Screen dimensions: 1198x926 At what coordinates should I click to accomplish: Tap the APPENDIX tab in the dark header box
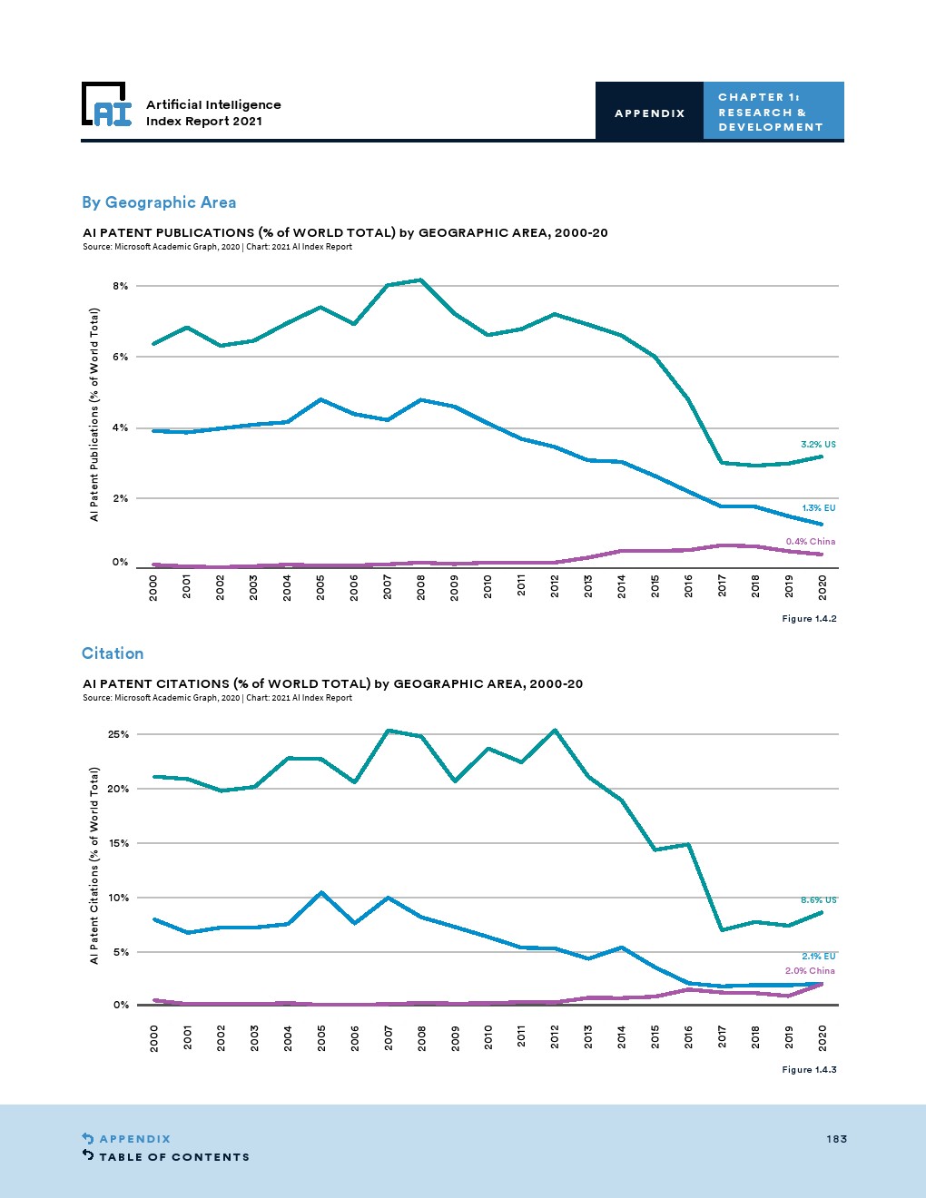pyautogui.click(x=649, y=113)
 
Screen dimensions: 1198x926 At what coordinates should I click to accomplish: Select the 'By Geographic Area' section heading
pyautogui.click(x=159, y=202)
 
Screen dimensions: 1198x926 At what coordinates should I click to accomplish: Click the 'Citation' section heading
pyautogui.click(x=113, y=653)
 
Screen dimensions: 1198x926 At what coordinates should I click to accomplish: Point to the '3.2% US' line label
pyautogui.click(x=818, y=445)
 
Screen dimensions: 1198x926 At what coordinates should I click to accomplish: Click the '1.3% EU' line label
pyautogui.click(x=818, y=508)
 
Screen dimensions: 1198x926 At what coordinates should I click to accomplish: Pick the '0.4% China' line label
pyautogui.click(x=810, y=542)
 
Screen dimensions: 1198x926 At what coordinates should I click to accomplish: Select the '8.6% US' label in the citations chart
pyautogui.click(x=818, y=900)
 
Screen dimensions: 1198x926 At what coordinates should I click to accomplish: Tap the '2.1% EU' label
pyautogui.click(x=818, y=957)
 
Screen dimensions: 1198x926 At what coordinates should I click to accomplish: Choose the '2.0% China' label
pyautogui.click(x=810, y=971)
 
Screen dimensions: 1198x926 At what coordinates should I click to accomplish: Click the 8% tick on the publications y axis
pyautogui.click(x=120, y=286)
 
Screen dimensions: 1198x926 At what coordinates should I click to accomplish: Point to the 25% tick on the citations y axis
pyautogui.click(x=118, y=734)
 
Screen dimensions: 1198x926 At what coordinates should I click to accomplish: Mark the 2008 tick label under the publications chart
pyautogui.click(x=421, y=587)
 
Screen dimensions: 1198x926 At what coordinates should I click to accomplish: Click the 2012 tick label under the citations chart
pyautogui.click(x=556, y=1036)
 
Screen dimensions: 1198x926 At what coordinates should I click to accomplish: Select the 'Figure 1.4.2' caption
pyautogui.click(x=809, y=619)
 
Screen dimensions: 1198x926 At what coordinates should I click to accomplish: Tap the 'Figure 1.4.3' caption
pyautogui.click(x=809, y=1070)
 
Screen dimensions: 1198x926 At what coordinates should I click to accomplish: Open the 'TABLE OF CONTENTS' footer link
pyautogui.click(x=173, y=1157)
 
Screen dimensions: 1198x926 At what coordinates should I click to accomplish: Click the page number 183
pyautogui.click(x=836, y=1139)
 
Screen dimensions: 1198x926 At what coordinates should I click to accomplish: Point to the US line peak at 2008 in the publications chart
pyautogui.click(x=421, y=280)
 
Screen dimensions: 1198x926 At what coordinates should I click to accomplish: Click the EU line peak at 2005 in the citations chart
pyautogui.click(x=321, y=893)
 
